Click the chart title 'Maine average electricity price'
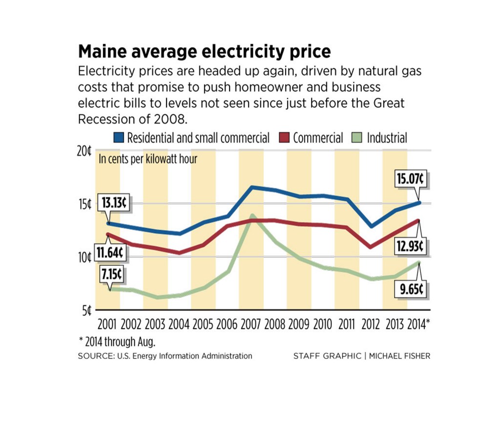click(205, 51)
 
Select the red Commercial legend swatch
click(285, 138)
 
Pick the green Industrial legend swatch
click(359, 138)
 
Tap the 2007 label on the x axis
click(251, 324)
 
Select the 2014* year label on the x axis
click(419, 324)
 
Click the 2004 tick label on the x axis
click(179, 324)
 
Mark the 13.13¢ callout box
click(114, 203)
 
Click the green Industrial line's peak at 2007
click(251, 215)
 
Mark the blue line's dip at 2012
click(372, 226)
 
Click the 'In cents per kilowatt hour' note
click(148, 159)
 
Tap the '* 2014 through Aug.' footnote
click(120, 341)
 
